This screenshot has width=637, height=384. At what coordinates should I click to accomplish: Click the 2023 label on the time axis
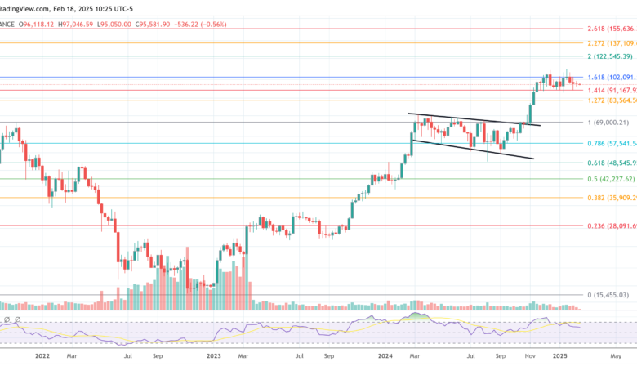coord(214,356)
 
